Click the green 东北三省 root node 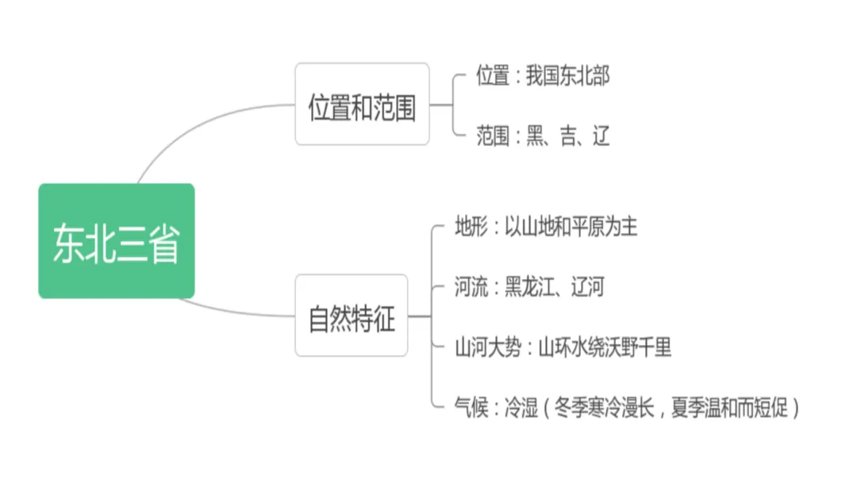tap(116, 241)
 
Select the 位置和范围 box tap(362, 105)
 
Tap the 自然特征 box tap(352, 316)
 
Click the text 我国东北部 tap(567, 76)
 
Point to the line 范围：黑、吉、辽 tap(543, 136)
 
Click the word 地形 tap(471, 228)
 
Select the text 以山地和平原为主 tap(571, 228)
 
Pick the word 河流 tap(471, 286)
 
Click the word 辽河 tap(586, 286)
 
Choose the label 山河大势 tap(488, 347)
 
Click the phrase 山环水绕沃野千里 tap(605, 347)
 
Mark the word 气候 tap(471, 407)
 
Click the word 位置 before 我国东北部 tap(493, 76)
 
